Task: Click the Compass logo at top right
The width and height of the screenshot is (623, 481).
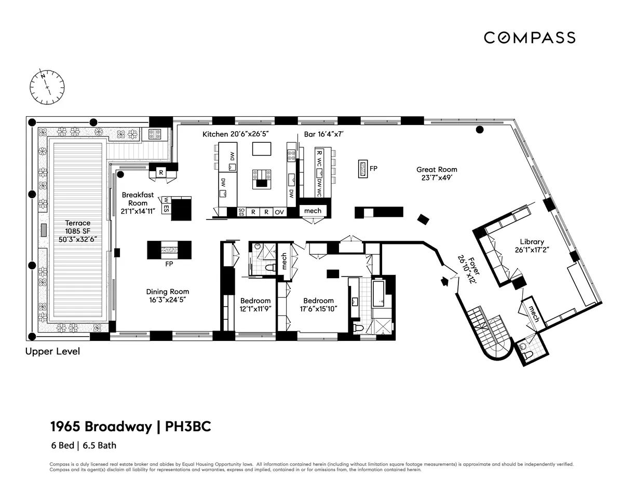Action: pos(530,38)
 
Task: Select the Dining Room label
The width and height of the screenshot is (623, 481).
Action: pos(167,296)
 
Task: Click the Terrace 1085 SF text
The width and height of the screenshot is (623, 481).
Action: pos(77,231)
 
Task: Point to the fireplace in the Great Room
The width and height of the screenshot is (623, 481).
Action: pos(362,169)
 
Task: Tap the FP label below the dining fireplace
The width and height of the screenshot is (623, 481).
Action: pos(169,264)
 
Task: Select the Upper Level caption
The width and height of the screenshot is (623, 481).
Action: pos(53,352)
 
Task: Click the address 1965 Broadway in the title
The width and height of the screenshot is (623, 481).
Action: pos(101,427)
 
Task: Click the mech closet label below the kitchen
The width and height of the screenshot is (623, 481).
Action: pos(313,211)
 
